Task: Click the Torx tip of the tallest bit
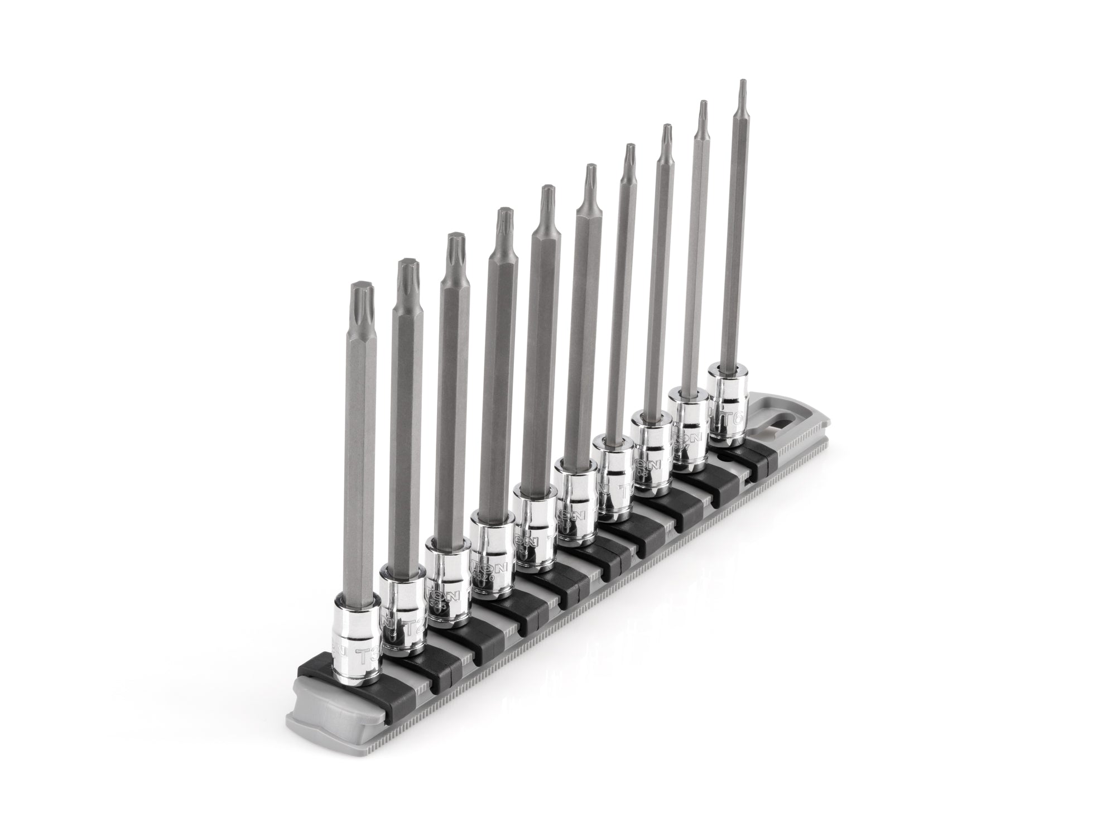point(742,87)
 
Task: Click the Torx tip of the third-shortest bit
point(455,246)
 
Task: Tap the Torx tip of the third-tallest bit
point(666,134)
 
